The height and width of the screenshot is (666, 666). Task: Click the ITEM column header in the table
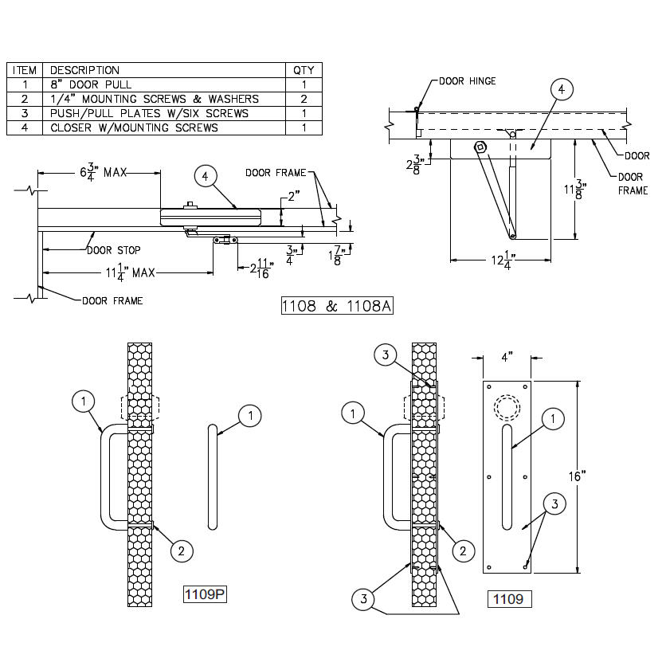24,70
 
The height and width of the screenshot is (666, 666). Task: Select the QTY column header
304,70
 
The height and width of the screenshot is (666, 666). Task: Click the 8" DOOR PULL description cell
91,84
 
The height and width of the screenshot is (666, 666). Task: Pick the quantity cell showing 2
304,99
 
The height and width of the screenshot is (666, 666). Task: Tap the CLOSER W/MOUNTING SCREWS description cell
134,127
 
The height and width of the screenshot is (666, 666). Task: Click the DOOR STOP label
115,249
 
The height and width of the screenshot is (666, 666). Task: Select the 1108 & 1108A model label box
339,306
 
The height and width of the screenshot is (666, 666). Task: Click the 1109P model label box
206,594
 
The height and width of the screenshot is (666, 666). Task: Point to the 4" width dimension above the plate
507,357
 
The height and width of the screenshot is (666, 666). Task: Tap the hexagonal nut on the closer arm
480,147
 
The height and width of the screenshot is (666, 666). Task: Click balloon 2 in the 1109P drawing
182,550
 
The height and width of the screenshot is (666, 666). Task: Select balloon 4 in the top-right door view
561,90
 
